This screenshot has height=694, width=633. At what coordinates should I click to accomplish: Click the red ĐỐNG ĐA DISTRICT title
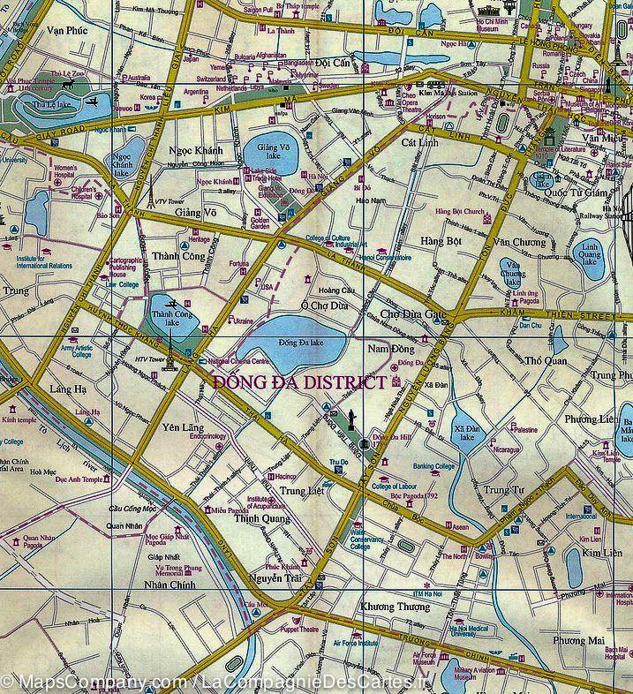[299, 382]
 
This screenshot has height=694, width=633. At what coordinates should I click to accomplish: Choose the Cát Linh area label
[419, 141]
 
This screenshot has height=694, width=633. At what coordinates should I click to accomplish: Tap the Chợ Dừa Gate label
[413, 313]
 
